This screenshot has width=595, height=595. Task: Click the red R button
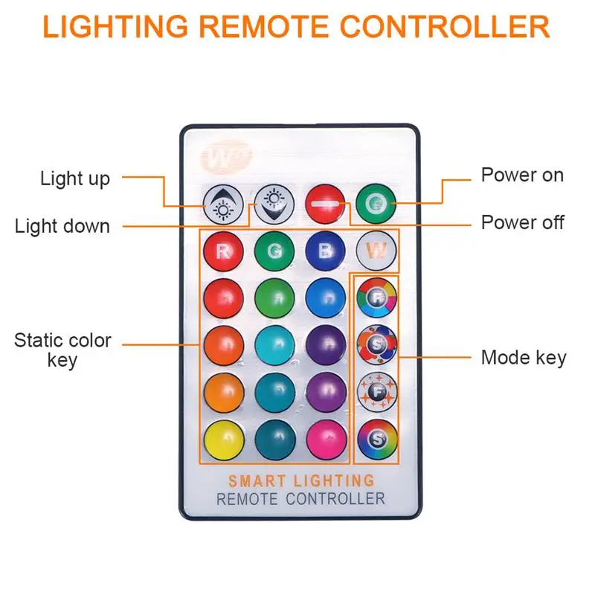[223, 250]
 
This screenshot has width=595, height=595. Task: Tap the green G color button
[274, 250]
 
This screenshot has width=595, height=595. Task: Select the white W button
[376, 250]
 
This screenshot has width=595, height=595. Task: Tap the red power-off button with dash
[324, 202]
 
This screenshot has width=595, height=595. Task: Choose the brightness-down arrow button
[274, 204]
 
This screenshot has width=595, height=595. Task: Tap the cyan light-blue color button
[274, 344]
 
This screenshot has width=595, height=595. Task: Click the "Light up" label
[75, 178]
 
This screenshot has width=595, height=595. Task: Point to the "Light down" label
[62, 226]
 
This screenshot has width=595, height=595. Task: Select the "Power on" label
[522, 176]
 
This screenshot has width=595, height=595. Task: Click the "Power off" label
[522, 222]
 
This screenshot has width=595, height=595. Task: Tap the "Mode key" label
[524, 357]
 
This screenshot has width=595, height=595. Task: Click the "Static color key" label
[62, 350]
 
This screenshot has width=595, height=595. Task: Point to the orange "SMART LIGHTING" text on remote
[300, 481]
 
